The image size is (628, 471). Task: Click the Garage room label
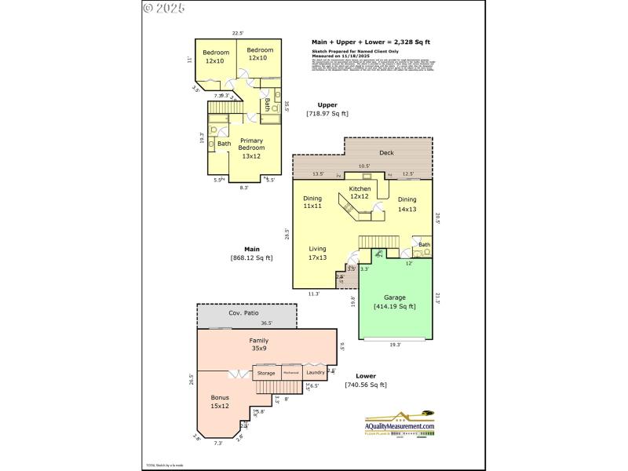(x=395, y=298)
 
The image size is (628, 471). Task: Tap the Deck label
(x=386, y=153)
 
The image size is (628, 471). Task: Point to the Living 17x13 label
(x=317, y=253)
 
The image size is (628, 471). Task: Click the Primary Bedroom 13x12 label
(x=251, y=144)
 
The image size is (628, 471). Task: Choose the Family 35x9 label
(x=259, y=345)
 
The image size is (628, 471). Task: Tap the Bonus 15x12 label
(x=219, y=402)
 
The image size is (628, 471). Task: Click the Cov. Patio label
(x=243, y=312)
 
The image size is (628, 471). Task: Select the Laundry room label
(x=316, y=372)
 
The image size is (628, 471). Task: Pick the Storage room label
(x=267, y=373)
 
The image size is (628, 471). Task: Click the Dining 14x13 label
(x=407, y=204)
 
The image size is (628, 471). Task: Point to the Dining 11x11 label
(x=312, y=202)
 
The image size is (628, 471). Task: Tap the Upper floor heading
(x=327, y=104)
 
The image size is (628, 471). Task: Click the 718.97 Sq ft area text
(x=327, y=114)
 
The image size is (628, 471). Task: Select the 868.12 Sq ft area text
(x=251, y=257)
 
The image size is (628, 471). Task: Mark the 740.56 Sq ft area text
(x=366, y=385)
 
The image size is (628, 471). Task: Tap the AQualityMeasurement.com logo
(x=400, y=425)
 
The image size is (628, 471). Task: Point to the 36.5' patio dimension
(x=266, y=323)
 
